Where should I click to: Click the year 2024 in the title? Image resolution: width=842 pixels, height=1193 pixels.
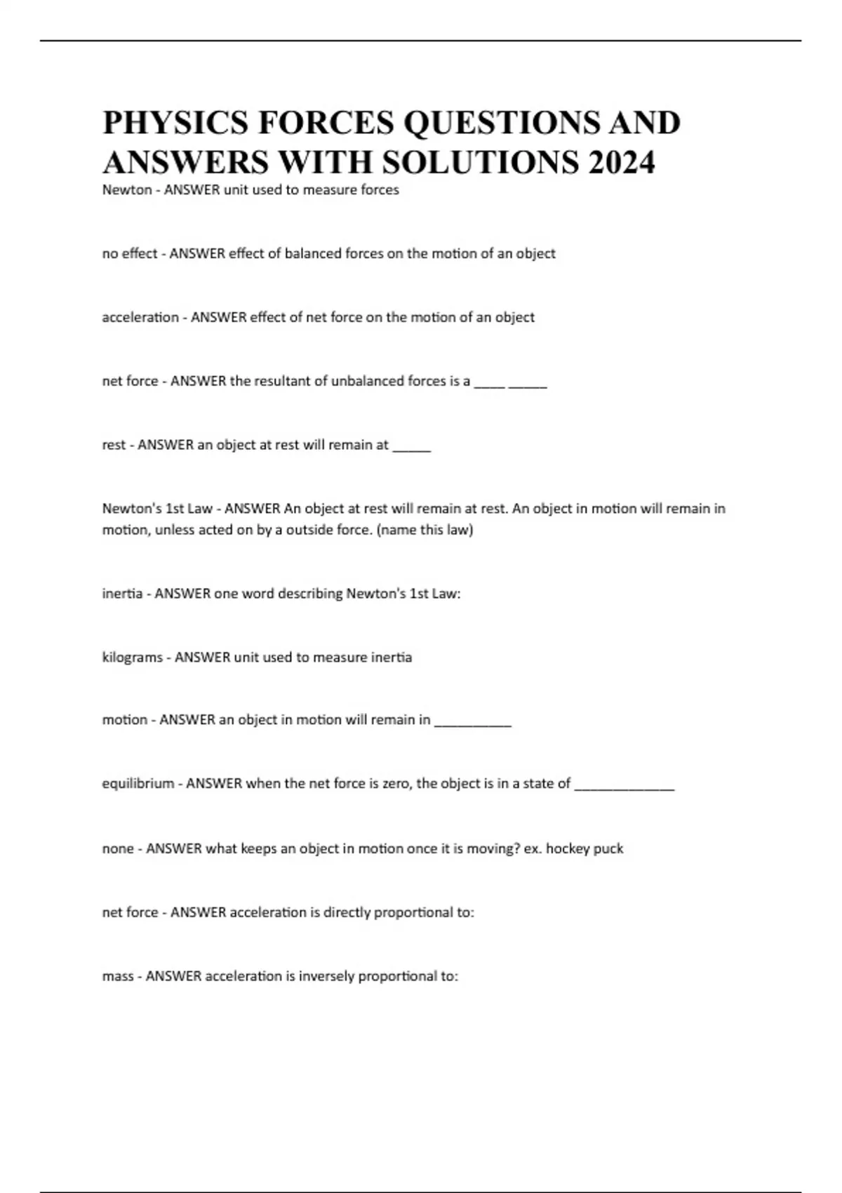[622, 162]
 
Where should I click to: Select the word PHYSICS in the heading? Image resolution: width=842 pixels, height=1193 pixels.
[175, 123]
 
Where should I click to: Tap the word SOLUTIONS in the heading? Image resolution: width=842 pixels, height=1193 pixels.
[481, 162]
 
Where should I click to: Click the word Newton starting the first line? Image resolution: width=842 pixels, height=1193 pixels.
[127, 189]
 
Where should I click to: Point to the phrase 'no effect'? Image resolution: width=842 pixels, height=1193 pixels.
[130, 253]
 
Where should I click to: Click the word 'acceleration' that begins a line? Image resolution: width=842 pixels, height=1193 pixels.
[140, 317]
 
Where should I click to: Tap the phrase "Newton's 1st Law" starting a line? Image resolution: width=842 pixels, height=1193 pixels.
[157, 508]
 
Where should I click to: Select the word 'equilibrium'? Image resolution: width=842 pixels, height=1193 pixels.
[138, 783]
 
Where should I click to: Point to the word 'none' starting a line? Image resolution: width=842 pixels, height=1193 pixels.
[118, 848]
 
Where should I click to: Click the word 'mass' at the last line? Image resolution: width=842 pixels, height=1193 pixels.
[118, 976]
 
